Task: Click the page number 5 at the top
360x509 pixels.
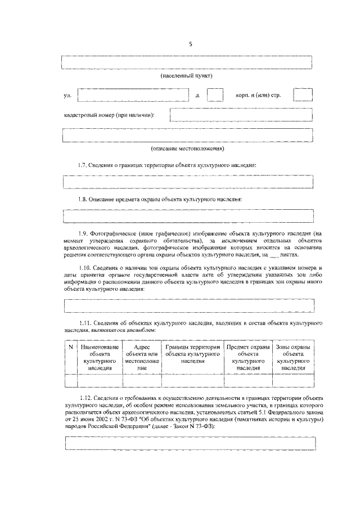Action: [190, 45]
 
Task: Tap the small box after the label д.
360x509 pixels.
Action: [215, 96]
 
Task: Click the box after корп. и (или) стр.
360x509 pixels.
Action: [303, 96]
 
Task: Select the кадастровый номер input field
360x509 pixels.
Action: [241, 115]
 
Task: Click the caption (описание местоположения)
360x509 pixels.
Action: [187, 149]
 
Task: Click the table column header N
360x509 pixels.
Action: [70, 347]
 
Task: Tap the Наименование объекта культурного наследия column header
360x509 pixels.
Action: [99, 357]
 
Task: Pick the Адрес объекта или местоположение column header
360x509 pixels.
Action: [141, 357]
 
